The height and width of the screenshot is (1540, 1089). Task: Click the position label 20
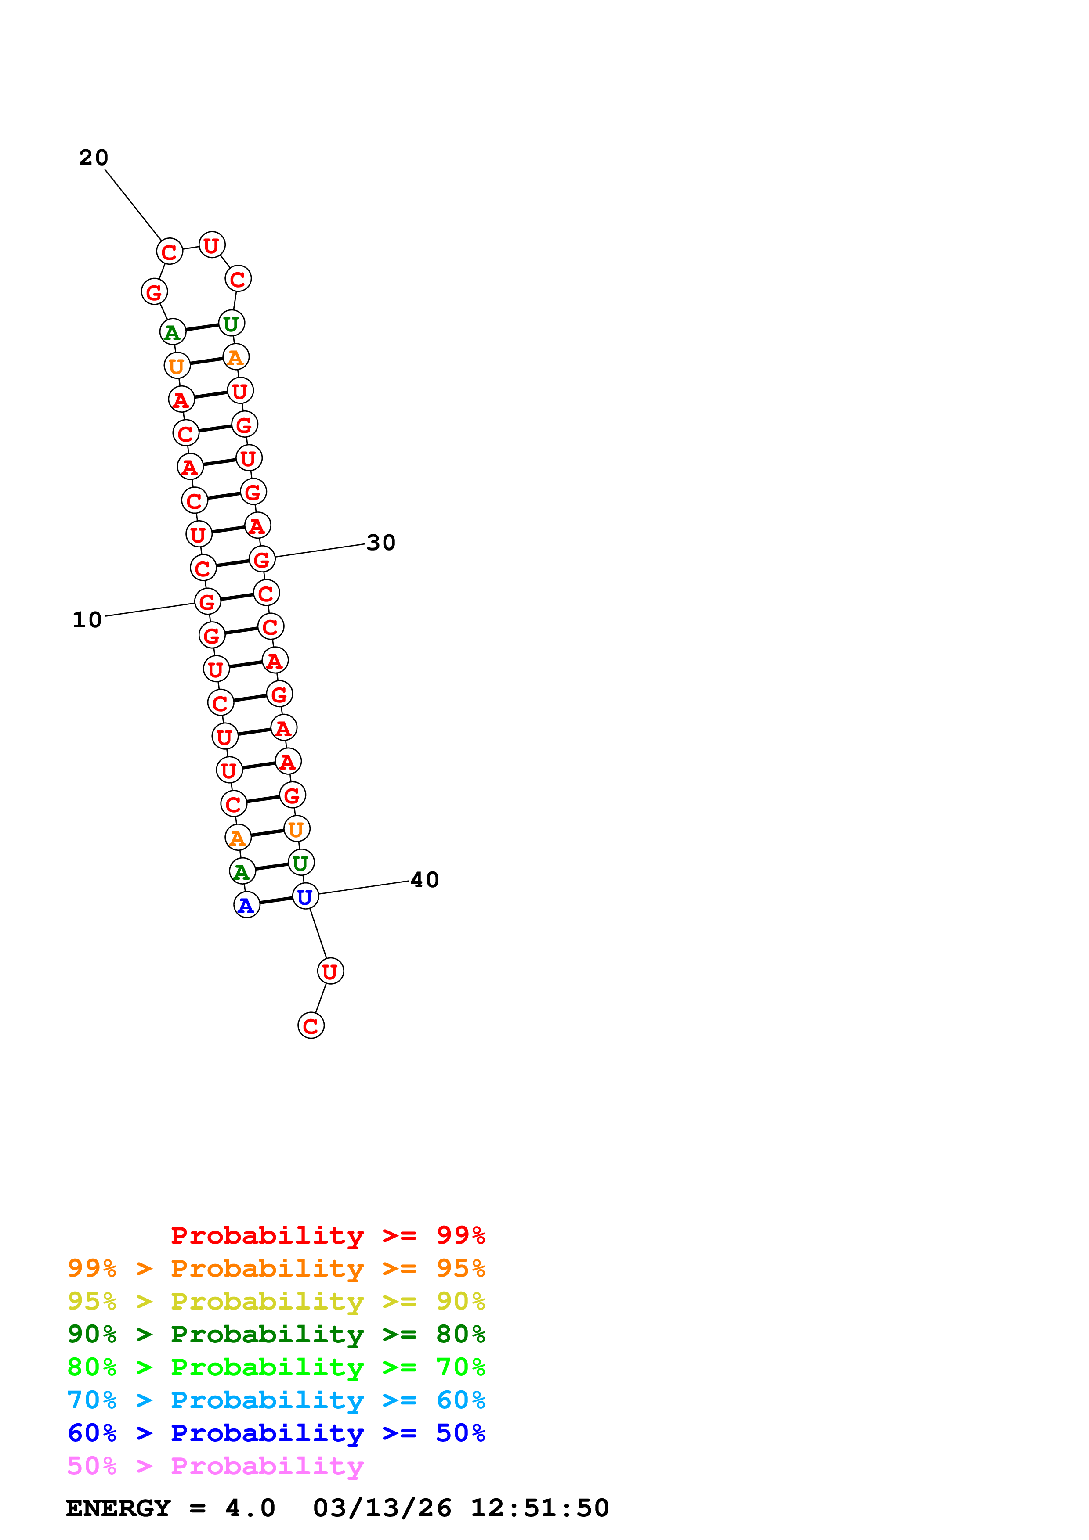point(93,158)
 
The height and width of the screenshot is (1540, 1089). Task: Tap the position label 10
point(87,620)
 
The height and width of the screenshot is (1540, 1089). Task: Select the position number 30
point(381,543)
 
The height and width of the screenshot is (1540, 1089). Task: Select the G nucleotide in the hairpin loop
point(154,292)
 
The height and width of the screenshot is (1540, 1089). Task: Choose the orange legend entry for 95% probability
point(276,1268)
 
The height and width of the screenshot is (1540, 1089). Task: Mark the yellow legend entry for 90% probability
point(276,1301)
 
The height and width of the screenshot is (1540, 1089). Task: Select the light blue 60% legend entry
point(276,1400)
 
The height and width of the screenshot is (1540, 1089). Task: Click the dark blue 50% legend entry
point(276,1433)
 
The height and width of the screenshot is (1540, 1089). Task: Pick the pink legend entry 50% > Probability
point(215,1465)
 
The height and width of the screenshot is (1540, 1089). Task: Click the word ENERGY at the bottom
point(118,1508)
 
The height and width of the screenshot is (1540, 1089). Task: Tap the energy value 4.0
point(250,1508)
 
